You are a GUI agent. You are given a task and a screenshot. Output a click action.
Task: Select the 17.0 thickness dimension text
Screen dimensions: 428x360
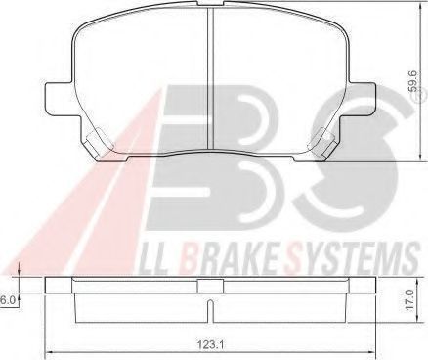[x=410, y=299]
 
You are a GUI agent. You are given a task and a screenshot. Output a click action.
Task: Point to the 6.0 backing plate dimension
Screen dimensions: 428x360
[x=6, y=300]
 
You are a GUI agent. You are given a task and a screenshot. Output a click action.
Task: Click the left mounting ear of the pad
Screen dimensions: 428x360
[x=61, y=98]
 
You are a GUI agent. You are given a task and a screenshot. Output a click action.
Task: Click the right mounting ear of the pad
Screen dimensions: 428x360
[x=360, y=98]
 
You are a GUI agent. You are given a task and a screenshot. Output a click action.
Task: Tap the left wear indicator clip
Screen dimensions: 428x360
[x=98, y=144]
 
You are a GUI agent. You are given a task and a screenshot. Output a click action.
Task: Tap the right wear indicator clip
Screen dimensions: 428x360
[x=322, y=144]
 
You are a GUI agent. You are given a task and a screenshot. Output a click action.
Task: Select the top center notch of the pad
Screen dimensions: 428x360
[x=210, y=3]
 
